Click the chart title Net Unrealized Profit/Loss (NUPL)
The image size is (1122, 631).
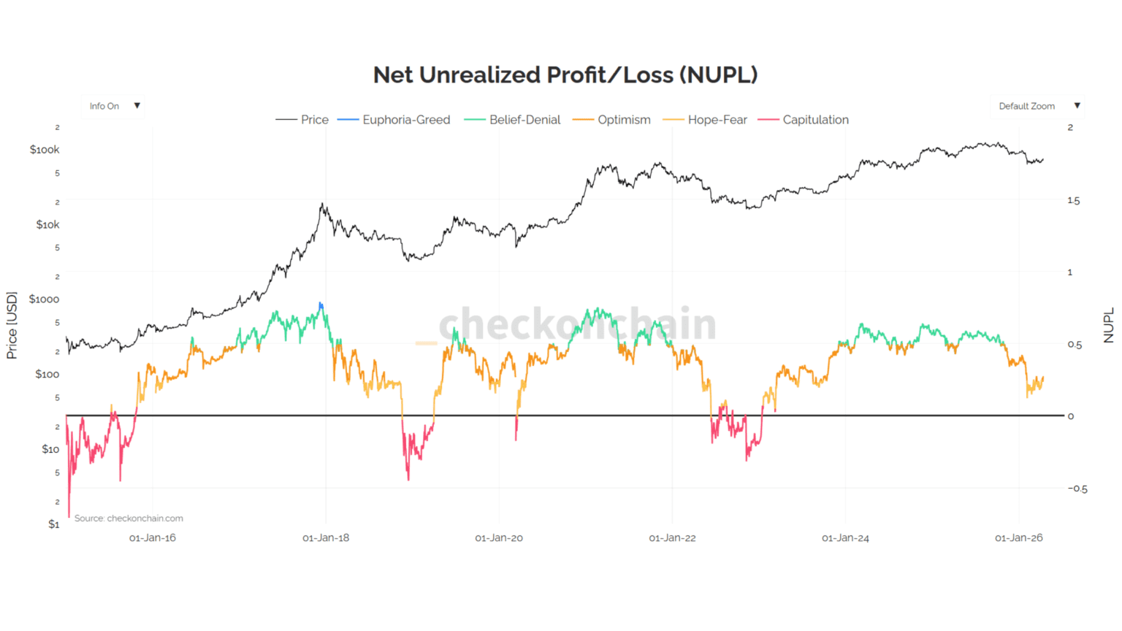click(x=565, y=74)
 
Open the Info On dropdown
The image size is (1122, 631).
click(x=113, y=106)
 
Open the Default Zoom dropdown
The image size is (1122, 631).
click(x=1037, y=106)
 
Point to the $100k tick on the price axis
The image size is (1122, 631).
click(x=45, y=150)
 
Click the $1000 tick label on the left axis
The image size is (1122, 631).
click(x=44, y=299)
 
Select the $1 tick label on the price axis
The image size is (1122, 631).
click(x=53, y=524)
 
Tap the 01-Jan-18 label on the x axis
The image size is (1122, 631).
click(x=326, y=538)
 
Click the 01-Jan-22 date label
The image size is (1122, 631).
click(x=672, y=538)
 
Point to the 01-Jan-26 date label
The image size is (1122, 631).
click(x=1018, y=538)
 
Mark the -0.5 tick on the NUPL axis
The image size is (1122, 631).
click(x=1077, y=489)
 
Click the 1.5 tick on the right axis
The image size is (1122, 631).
click(x=1073, y=200)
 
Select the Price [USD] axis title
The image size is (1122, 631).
click(x=12, y=326)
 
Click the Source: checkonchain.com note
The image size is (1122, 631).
click(x=129, y=519)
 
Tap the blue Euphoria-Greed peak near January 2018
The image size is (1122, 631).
click(x=321, y=306)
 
